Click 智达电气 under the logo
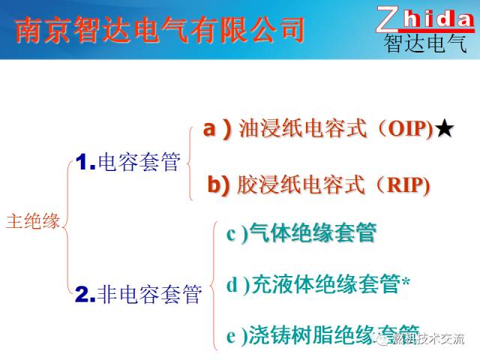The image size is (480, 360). tap(424, 43)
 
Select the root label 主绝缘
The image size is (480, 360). tap(33, 221)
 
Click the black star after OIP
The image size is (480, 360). tap(444, 130)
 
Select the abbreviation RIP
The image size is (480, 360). tap(404, 185)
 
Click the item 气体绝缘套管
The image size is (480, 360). tap(313, 233)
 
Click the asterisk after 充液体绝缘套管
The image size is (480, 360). tap(406, 283)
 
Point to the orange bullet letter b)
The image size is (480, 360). tap(218, 184)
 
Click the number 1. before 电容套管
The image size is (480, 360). tap(85, 161)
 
